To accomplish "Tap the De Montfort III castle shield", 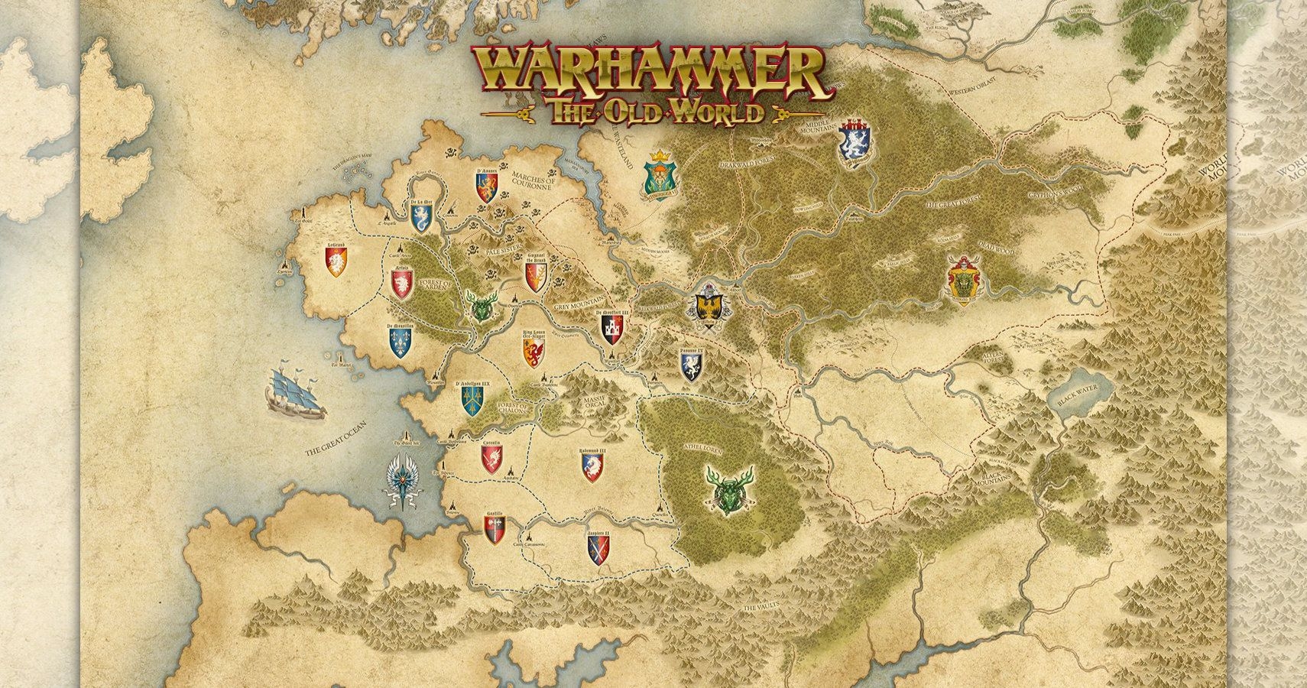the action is pyautogui.click(x=613, y=329).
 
